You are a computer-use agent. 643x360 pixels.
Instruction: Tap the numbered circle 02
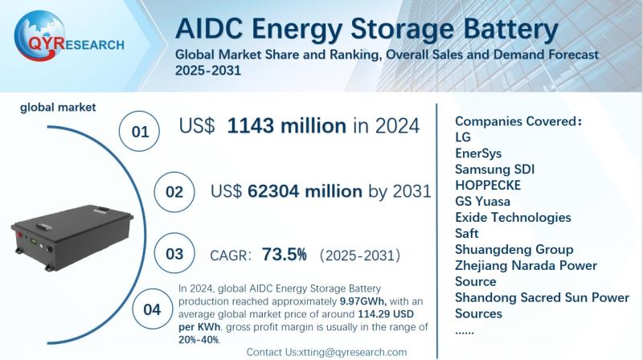(174, 192)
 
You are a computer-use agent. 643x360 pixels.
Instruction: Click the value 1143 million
(286, 125)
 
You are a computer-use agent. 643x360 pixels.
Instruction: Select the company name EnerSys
(480, 153)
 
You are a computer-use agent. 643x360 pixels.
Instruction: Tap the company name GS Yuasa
(482, 201)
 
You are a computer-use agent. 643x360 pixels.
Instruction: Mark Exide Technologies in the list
(513, 217)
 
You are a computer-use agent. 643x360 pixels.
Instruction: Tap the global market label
(47, 106)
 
